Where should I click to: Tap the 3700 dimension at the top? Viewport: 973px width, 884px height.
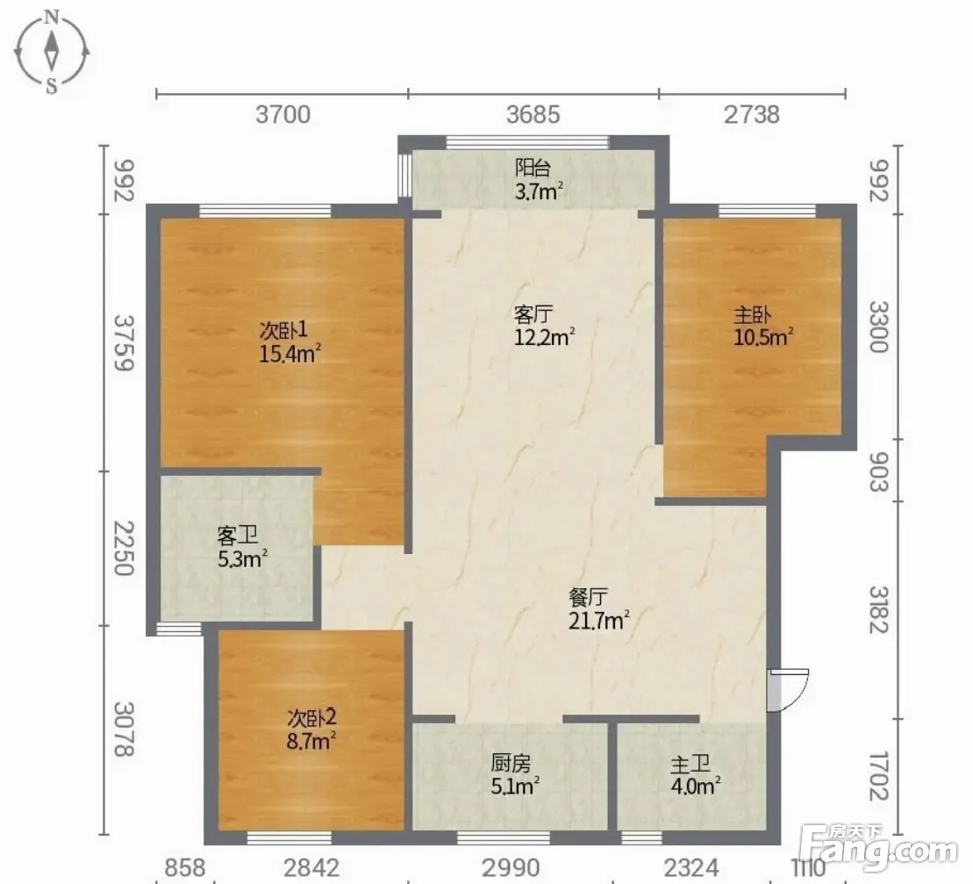283,115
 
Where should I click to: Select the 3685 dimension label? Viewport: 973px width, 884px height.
533,115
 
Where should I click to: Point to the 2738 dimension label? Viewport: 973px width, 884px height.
752,115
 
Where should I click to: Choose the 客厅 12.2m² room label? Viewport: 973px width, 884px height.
544,326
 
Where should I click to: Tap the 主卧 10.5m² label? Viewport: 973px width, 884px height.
763,326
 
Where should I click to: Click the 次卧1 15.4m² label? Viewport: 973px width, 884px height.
290,342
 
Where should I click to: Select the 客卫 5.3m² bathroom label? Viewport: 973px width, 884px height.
242,547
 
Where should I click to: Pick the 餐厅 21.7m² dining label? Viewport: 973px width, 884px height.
599,609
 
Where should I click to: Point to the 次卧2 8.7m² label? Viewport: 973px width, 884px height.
311,729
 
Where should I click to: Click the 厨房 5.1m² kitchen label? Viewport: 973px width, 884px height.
515,774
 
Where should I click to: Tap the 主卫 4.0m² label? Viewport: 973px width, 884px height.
695,774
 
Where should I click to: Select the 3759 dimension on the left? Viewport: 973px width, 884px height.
124,342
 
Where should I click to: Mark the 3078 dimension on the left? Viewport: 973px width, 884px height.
124,729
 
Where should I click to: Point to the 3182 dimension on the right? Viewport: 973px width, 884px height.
878,609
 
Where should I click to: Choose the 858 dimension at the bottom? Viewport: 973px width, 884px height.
185,868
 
